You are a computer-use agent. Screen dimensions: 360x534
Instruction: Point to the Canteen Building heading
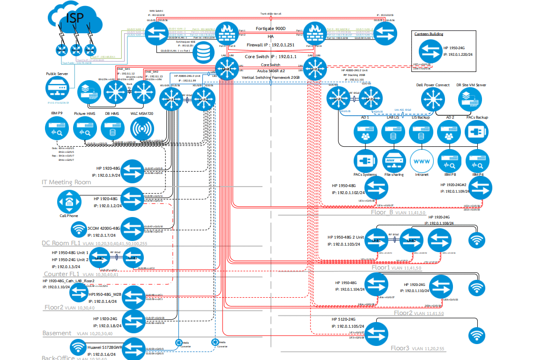click(x=429, y=34)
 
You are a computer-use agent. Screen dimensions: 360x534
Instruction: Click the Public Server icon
click(x=57, y=89)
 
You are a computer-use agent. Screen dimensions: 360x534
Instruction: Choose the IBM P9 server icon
click(x=57, y=129)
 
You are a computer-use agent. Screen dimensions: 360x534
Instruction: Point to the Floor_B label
click(x=382, y=212)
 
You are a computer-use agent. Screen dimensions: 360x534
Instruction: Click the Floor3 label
click(x=400, y=348)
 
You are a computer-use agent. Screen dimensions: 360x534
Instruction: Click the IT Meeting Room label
click(x=67, y=182)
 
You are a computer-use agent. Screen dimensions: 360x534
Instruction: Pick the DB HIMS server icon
click(x=112, y=129)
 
